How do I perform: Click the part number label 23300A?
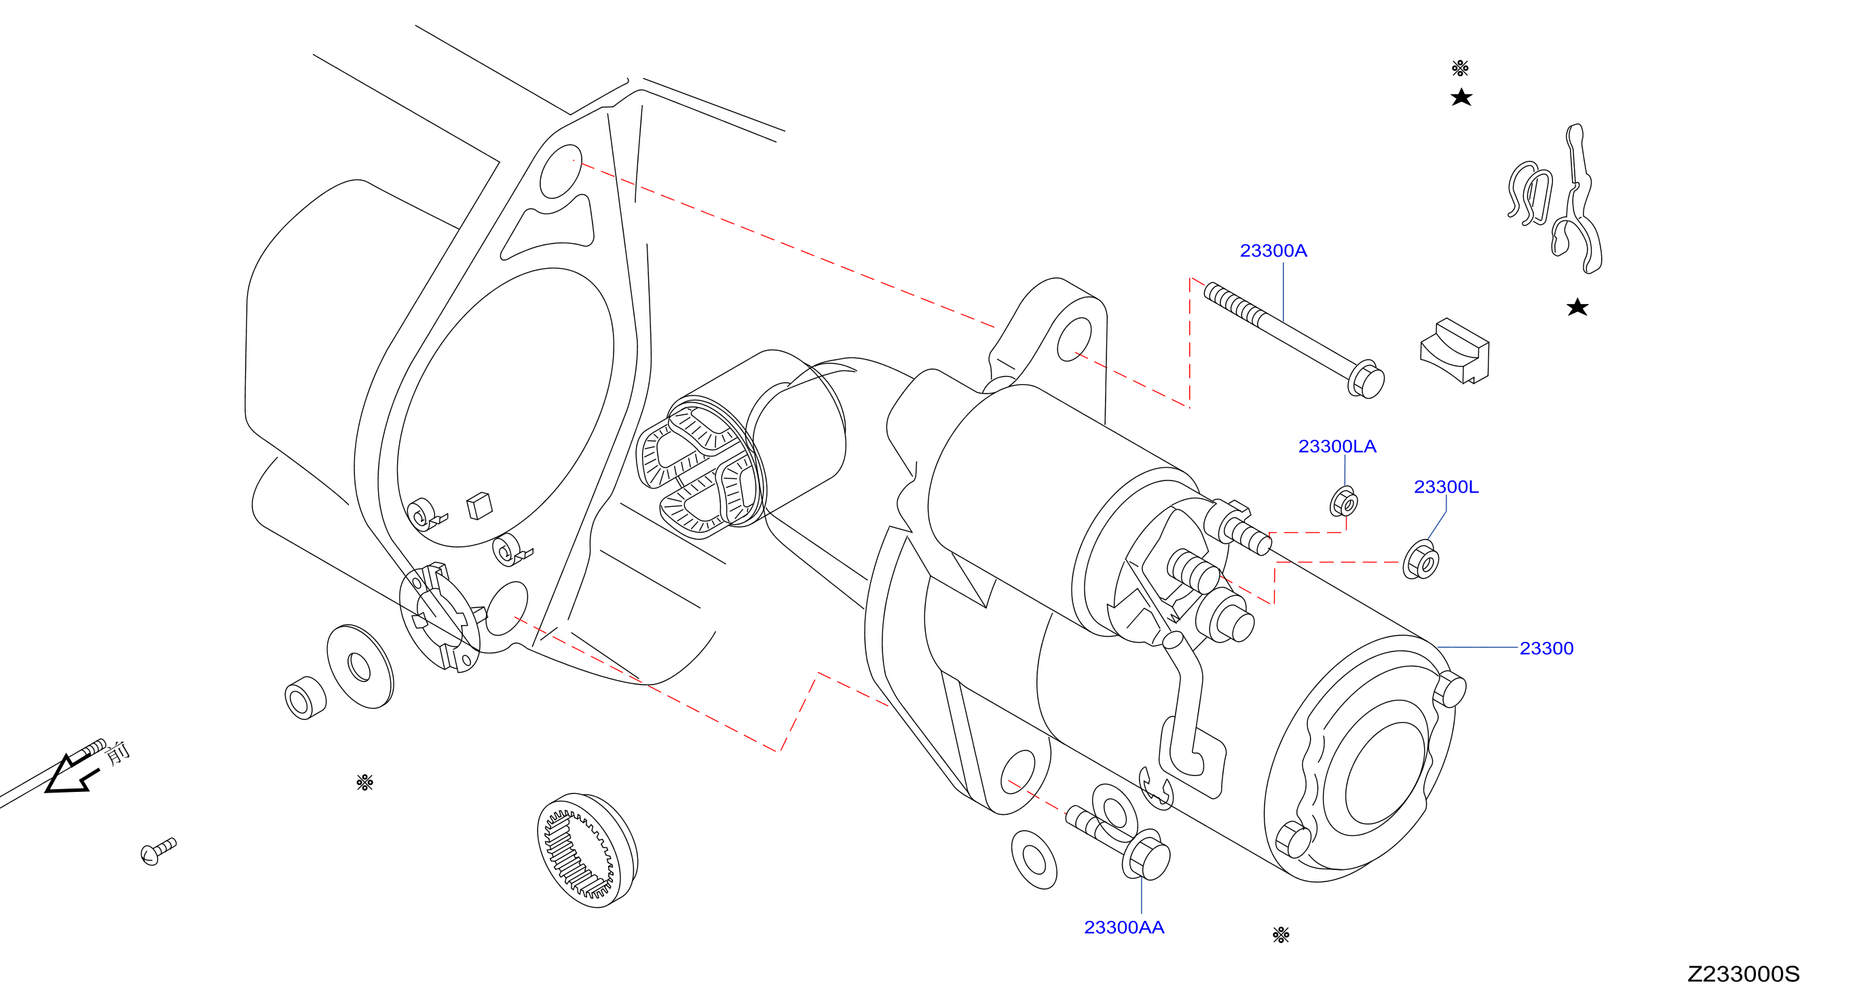1273,250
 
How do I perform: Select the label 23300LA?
1337,446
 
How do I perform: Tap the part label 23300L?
1446,487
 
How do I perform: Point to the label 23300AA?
1124,928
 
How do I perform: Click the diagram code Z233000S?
1743,974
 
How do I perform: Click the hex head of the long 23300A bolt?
1366,379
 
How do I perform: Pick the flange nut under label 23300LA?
1344,502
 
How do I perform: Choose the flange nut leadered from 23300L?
1421,560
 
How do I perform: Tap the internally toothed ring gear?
587,851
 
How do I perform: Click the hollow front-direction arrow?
71,774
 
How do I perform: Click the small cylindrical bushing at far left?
305,698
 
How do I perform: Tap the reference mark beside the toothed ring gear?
364,782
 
